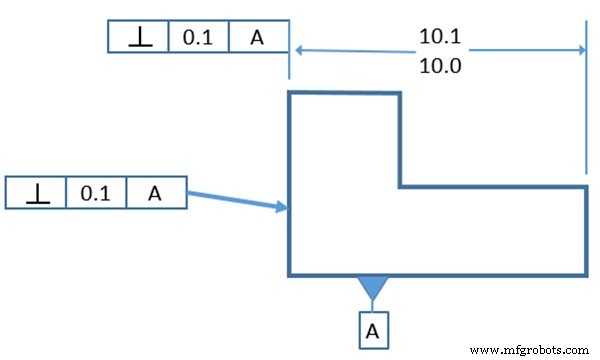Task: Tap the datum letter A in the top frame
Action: tap(258, 38)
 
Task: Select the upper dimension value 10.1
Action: tap(438, 37)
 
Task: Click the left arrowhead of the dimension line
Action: tap(296, 50)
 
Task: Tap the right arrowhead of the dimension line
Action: tap(578, 50)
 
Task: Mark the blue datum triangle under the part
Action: tap(373, 286)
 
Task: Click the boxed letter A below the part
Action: tap(373, 328)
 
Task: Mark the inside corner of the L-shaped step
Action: tap(400, 186)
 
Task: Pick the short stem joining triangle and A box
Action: tap(373, 305)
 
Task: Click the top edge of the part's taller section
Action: tap(344, 92)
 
